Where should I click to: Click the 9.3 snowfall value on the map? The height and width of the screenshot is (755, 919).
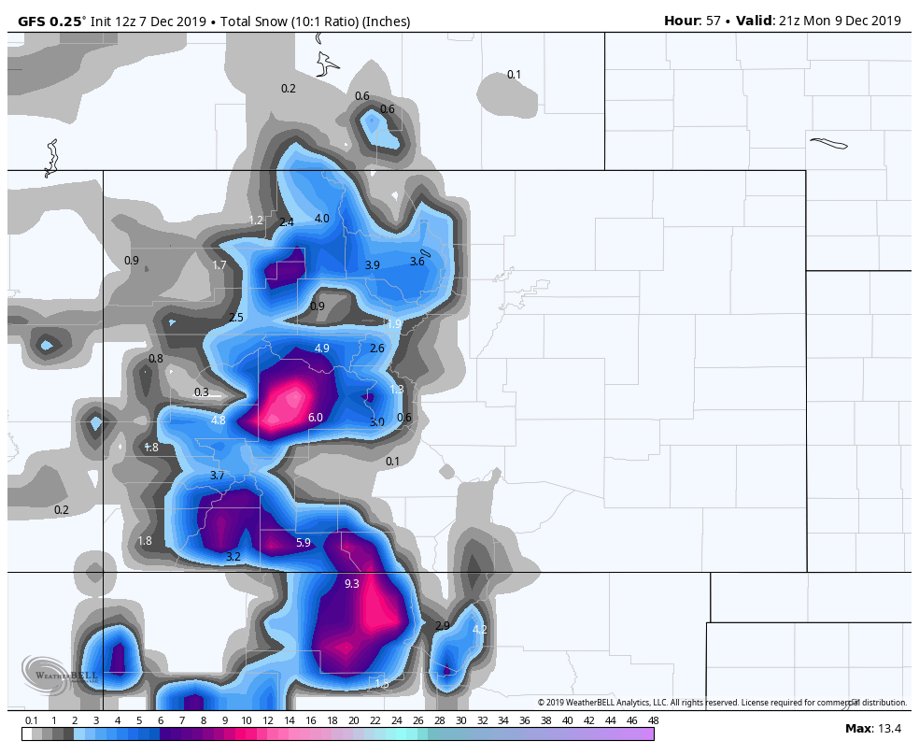(x=352, y=584)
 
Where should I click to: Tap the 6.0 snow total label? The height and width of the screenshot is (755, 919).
(x=316, y=418)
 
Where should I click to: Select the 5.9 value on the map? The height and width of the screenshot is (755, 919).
(x=304, y=543)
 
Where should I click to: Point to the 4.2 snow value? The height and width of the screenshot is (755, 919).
(x=480, y=630)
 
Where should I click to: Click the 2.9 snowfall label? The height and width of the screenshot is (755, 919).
(x=443, y=626)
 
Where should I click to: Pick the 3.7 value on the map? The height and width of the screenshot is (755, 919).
(x=217, y=477)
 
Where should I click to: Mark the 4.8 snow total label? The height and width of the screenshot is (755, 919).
(x=219, y=421)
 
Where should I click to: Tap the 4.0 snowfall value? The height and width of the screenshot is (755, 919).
(x=322, y=219)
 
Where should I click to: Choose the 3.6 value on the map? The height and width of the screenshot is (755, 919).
(x=417, y=262)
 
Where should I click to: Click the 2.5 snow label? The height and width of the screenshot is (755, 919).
(x=236, y=318)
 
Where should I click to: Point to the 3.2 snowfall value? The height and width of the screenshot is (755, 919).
(x=233, y=557)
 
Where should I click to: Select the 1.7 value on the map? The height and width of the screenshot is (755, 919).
(x=219, y=265)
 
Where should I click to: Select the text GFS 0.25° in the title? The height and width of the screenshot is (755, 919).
(x=47, y=21)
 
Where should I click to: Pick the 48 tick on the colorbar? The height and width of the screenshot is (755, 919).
(x=654, y=720)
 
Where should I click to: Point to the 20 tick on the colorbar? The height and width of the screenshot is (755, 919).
(x=354, y=720)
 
